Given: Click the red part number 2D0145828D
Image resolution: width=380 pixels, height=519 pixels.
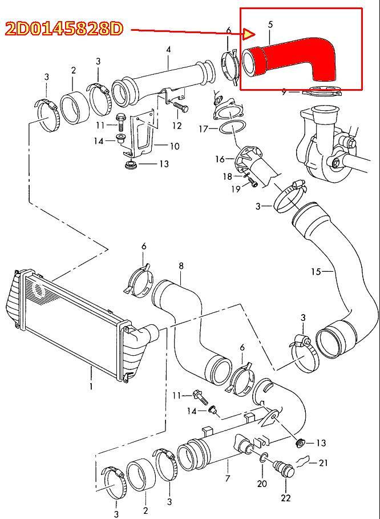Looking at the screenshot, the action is [x=64, y=29].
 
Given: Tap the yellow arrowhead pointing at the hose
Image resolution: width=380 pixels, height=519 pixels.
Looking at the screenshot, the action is [x=249, y=34].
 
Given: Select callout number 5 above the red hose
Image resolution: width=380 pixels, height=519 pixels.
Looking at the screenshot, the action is [x=270, y=24].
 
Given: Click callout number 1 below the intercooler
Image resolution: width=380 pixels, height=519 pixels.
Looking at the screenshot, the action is [x=91, y=386].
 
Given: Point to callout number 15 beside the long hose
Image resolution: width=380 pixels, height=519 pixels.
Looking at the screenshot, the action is [x=316, y=271].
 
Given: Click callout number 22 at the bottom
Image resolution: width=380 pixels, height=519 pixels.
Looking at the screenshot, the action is [x=286, y=497].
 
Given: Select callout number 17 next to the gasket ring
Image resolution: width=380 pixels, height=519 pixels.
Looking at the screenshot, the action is [x=204, y=128].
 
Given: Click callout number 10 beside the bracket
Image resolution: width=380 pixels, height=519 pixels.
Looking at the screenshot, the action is [x=174, y=146].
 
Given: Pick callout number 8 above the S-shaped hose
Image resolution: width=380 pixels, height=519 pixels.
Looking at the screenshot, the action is [x=181, y=265].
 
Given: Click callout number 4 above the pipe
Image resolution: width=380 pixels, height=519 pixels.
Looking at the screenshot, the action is [x=169, y=50].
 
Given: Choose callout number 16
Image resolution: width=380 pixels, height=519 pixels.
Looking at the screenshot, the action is [x=220, y=159].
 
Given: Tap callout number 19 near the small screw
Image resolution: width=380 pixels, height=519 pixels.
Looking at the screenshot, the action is [x=236, y=189].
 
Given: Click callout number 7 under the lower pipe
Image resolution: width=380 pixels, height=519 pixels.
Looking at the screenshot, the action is [x=228, y=478].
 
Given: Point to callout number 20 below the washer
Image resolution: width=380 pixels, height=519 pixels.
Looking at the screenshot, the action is [x=262, y=484].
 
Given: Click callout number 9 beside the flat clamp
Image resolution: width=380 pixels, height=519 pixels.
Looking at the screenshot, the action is [x=284, y=92].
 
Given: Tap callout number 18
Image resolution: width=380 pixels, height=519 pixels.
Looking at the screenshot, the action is [x=227, y=176].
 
